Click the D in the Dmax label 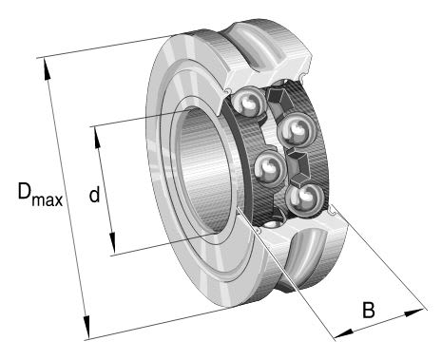click(x=25, y=191)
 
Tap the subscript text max click(x=47, y=200)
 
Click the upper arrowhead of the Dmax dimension click(x=47, y=69)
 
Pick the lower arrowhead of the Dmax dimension click(x=86, y=328)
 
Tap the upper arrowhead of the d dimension click(x=97, y=138)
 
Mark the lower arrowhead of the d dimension click(x=112, y=243)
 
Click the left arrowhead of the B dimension click(x=344, y=334)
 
